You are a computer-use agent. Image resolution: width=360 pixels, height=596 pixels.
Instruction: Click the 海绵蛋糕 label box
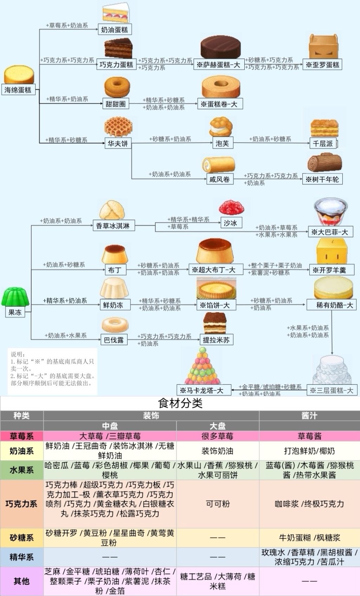click(18, 90)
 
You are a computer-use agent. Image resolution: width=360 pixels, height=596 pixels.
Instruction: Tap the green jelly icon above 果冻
click(15, 296)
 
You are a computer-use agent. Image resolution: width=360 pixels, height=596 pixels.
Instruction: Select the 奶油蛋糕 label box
click(115, 29)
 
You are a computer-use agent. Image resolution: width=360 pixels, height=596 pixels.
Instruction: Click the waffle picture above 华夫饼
click(118, 127)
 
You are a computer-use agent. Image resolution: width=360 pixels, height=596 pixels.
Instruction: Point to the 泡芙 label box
click(223, 143)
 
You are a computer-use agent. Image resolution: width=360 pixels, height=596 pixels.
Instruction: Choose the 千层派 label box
click(323, 143)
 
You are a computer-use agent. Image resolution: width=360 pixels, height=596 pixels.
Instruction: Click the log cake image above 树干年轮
click(324, 162)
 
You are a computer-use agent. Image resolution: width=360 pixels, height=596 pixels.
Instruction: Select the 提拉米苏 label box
click(217, 340)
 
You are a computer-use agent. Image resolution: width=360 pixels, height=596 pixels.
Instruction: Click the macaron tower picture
click(203, 365)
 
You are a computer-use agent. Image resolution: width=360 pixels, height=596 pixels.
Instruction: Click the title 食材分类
click(180, 403)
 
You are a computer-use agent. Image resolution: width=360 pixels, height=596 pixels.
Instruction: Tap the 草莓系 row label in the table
click(21, 436)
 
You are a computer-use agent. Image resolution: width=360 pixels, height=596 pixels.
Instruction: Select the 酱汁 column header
click(309, 416)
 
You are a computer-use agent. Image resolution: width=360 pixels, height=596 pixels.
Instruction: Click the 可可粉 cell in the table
click(218, 504)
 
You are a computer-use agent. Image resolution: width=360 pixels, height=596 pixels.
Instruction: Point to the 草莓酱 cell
click(309, 436)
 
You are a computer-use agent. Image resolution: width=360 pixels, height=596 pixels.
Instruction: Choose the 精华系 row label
click(21, 557)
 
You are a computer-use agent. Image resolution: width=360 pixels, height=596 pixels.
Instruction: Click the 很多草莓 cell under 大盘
click(218, 436)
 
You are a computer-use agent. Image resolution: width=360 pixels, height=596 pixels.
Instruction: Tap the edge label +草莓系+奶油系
click(67, 25)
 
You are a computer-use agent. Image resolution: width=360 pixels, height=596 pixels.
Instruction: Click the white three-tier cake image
click(332, 370)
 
